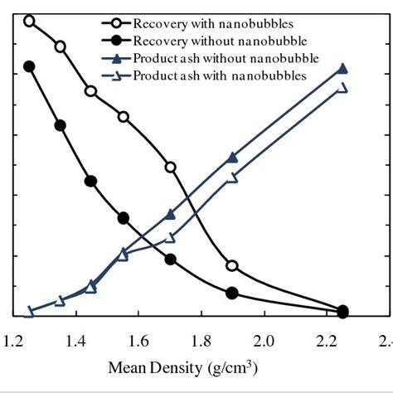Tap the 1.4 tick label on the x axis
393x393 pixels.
coord(76,340)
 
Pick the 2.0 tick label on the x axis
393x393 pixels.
coord(264,340)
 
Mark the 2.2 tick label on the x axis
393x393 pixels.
coord(326,340)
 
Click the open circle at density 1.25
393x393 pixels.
coord(30,21)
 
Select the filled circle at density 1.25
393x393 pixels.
coord(30,66)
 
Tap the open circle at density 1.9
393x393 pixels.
coord(232,266)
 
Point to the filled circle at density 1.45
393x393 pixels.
coord(91,181)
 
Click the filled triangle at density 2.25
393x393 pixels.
coord(342,69)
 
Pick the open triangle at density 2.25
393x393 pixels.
coord(342,88)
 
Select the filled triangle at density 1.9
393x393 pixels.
coord(232,158)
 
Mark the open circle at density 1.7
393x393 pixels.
coord(171,167)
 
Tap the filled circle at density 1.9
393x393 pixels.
coord(232,293)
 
